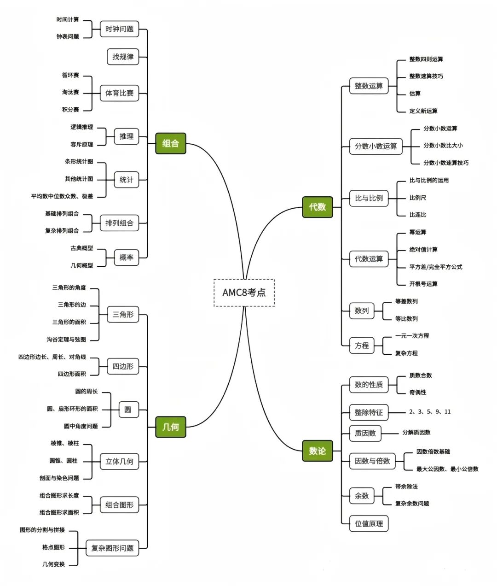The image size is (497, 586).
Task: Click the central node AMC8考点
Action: click(x=244, y=293)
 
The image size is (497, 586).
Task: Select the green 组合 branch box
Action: click(x=170, y=143)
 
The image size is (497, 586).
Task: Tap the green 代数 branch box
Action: click(x=317, y=207)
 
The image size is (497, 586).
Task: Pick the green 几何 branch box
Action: click(x=170, y=427)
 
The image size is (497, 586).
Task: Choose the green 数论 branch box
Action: click(x=317, y=451)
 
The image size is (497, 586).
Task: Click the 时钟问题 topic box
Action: click(x=119, y=29)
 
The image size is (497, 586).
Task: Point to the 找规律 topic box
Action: click(x=123, y=57)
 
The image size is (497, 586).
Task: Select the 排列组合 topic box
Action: click(x=119, y=223)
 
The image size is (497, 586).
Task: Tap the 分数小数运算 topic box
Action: click(x=376, y=146)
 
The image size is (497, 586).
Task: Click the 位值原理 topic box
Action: click(x=369, y=523)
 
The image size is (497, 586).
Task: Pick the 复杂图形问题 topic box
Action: click(x=112, y=548)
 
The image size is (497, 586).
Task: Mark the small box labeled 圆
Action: click(x=128, y=410)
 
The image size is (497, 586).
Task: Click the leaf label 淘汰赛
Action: click(x=70, y=92)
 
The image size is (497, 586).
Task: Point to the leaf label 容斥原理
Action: click(x=81, y=144)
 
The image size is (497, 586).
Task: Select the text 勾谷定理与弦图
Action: click(x=66, y=340)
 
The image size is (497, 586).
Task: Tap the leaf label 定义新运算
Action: click(x=423, y=111)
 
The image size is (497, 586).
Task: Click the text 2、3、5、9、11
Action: click(x=430, y=412)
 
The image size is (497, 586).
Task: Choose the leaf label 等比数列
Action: click(x=406, y=319)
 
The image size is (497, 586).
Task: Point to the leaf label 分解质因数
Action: click(x=416, y=433)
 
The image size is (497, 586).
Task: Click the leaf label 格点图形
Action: click(x=53, y=547)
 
